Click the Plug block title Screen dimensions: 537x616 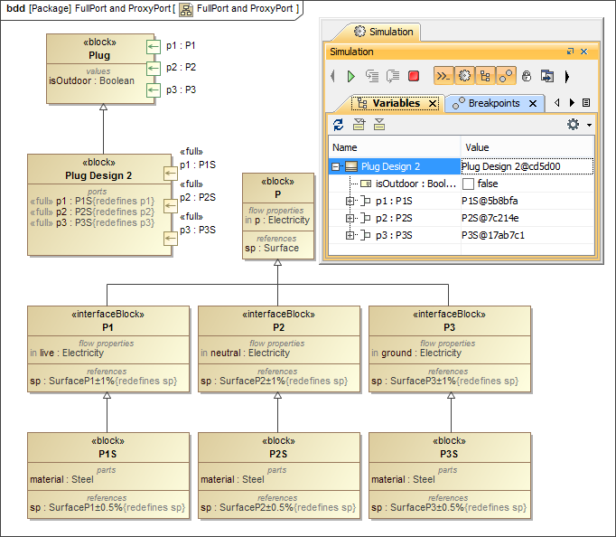click(99, 55)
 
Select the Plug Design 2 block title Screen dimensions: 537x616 click(98, 175)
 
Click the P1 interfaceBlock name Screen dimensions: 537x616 click(107, 327)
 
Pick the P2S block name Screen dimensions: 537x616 click(278, 454)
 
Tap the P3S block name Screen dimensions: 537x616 click(449, 454)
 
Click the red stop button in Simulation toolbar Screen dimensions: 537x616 click(414, 77)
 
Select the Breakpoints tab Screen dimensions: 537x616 click(494, 104)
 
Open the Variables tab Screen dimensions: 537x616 click(396, 104)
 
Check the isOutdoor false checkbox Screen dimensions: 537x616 click(468, 184)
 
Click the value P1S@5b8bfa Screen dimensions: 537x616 click(490, 201)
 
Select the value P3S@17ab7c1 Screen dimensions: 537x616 click(492, 235)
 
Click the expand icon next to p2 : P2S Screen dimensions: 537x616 click(350, 218)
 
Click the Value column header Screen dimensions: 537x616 click(477, 147)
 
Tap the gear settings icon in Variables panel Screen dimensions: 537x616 click(573, 125)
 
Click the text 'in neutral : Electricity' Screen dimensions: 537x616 click(245, 353)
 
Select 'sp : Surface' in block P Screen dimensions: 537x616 click(272, 249)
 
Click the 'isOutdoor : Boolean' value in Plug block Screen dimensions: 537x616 click(91, 80)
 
